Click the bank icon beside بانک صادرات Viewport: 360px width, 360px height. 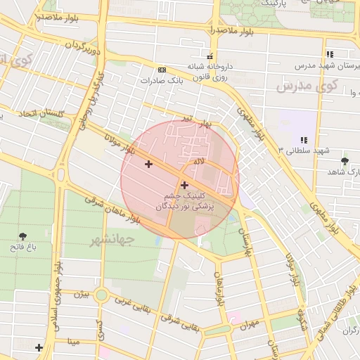coord(162,70)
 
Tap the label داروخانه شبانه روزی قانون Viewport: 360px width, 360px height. coord(209,72)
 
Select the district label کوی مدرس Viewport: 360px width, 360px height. coord(307,87)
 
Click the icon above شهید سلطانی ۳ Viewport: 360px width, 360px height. coord(304,141)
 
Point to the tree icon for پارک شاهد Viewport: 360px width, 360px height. coord(344,162)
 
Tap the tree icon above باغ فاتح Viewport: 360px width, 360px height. coord(24,236)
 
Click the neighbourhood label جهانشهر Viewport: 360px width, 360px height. coord(112,240)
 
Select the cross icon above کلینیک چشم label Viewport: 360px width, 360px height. coord(184,186)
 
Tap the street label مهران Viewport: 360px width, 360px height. coord(248,325)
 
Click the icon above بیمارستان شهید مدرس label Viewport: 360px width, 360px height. coord(329,54)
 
